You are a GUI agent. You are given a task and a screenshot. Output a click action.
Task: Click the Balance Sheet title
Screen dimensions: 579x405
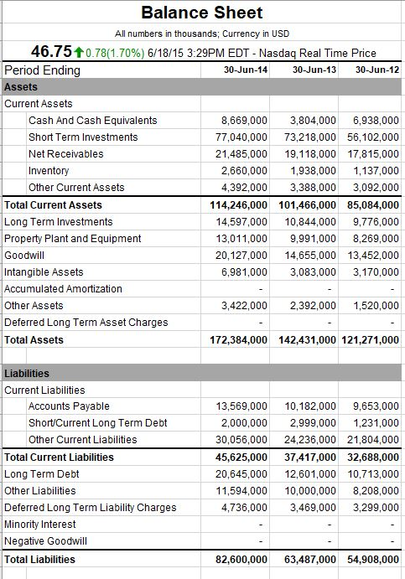click(201, 13)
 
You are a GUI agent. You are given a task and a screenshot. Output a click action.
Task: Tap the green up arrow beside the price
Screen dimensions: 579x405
click(79, 52)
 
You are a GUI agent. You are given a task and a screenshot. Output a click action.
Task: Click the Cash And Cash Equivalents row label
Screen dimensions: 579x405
click(92, 121)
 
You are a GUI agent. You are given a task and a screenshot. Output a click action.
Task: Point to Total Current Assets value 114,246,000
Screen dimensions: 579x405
click(239, 205)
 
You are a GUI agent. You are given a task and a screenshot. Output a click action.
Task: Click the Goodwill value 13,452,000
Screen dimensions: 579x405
click(371, 256)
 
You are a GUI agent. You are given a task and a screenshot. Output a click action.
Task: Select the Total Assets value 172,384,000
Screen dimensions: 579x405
click(239, 340)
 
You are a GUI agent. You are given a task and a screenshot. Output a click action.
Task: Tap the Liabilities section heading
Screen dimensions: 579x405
click(27, 374)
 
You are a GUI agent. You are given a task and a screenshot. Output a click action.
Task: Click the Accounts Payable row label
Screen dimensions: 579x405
click(69, 406)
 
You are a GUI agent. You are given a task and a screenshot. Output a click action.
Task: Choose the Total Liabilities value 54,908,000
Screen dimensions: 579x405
click(371, 560)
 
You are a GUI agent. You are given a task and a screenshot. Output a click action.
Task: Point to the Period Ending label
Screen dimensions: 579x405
click(43, 70)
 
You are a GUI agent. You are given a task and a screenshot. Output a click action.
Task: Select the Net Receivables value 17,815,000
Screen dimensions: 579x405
click(371, 154)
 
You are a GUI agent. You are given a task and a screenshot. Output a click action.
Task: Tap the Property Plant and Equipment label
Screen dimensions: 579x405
click(74, 239)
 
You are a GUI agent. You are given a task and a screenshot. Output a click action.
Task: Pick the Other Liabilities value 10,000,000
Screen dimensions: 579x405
click(310, 491)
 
